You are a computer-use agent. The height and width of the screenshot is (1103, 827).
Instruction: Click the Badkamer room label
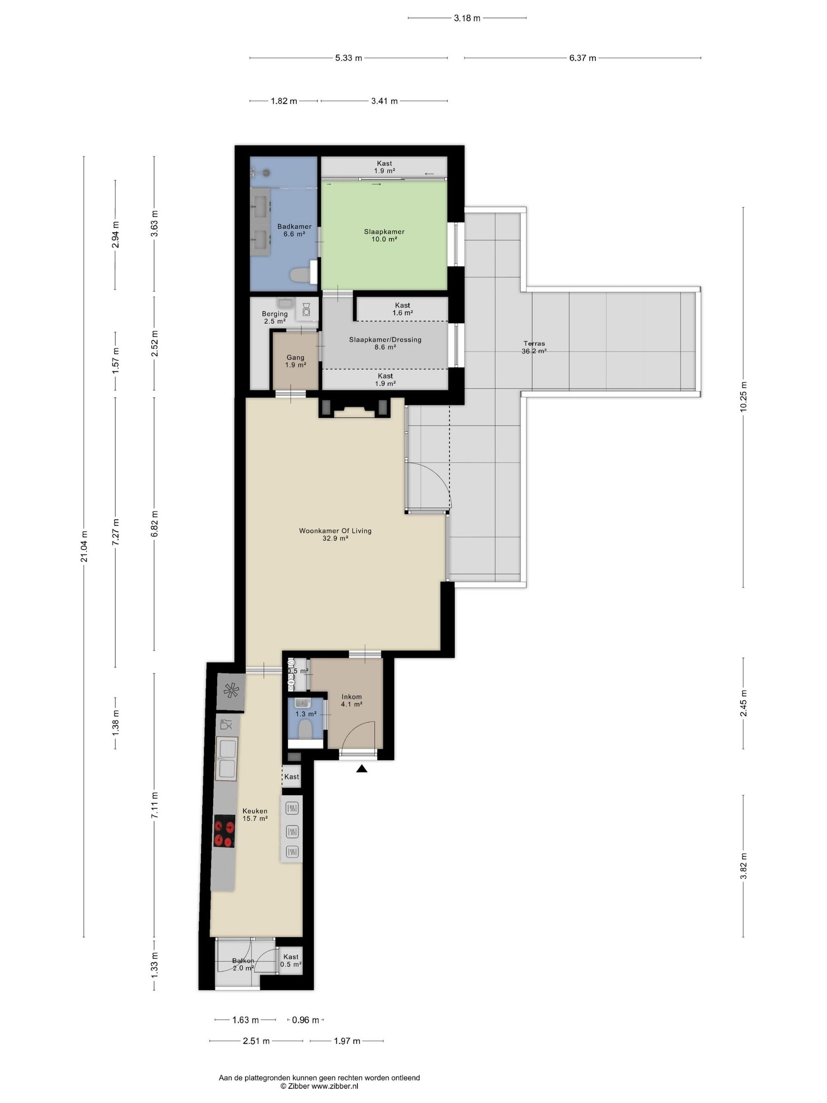(x=294, y=230)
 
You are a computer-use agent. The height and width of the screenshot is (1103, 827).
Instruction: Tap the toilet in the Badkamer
(x=300, y=275)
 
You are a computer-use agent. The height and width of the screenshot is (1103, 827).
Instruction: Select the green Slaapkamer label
(x=384, y=235)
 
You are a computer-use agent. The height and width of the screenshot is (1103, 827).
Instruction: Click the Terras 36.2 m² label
(x=534, y=346)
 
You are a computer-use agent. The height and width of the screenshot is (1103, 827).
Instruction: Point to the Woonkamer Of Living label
(x=335, y=534)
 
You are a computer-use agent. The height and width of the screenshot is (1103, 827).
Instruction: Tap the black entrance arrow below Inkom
(x=362, y=768)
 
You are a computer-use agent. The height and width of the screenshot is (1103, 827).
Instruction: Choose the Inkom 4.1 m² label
(x=351, y=700)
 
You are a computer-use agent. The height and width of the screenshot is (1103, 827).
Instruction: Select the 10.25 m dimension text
(x=743, y=396)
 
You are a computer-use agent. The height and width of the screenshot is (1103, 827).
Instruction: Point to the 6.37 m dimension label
(x=583, y=58)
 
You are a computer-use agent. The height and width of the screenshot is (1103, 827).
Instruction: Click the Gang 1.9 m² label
(x=295, y=361)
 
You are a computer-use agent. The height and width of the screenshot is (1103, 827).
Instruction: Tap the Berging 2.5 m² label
(x=275, y=318)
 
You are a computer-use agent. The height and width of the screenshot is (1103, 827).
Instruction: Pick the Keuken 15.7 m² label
(x=255, y=814)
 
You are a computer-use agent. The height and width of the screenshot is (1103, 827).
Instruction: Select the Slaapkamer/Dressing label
(x=385, y=343)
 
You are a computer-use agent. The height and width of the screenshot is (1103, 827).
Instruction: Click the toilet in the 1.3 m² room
(x=304, y=730)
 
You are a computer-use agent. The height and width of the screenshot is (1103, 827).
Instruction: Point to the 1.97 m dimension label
(x=346, y=1041)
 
